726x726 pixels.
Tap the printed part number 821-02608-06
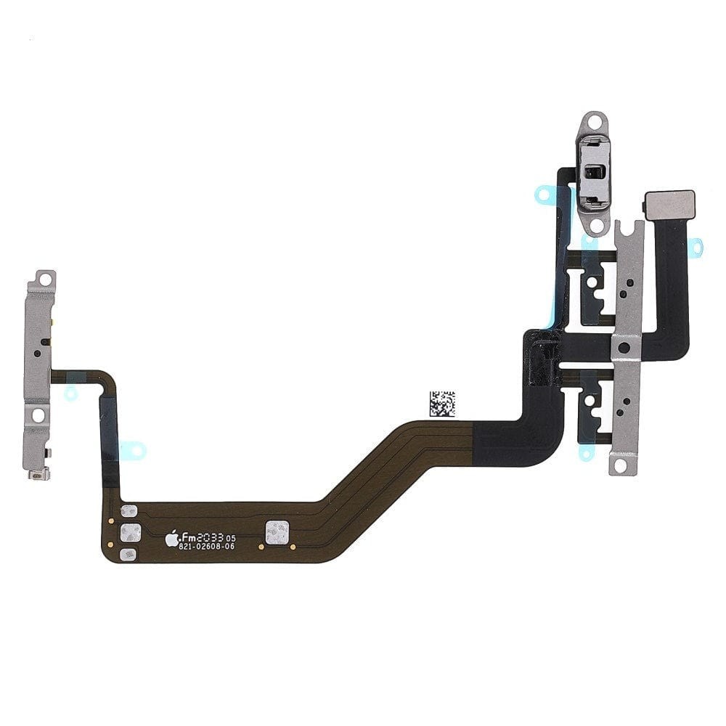[206, 547]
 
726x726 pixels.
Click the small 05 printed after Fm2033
[231, 539]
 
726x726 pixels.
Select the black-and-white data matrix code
[442, 403]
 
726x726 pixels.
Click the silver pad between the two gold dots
[277, 532]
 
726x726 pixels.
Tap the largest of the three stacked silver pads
[131, 532]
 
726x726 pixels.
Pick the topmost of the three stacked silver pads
[129, 510]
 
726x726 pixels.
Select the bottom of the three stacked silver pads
[128, 554]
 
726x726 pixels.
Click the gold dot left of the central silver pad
[261, 547]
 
